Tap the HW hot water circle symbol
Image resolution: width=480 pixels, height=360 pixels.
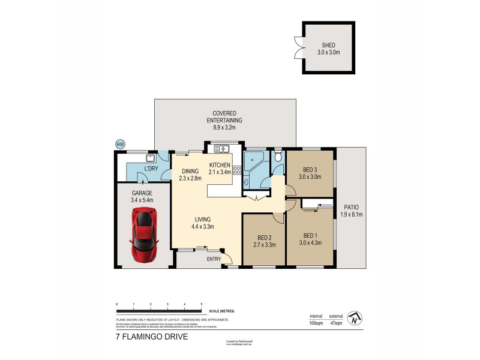click(x=121, y=144)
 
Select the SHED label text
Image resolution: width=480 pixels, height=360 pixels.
click(x=328, y=45)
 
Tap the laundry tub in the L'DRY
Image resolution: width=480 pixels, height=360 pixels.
click(x=150, y=158)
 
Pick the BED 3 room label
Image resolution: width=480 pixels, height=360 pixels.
click(x=310, y=169)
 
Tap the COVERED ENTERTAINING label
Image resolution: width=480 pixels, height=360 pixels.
click(x=224, y=116)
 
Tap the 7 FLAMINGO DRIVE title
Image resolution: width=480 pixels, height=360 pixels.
click(x=152, y=337)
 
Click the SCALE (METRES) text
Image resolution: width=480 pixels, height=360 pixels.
click(x=221, y=311)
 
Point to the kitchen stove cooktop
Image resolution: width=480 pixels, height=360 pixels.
click(x=236, y=170)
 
